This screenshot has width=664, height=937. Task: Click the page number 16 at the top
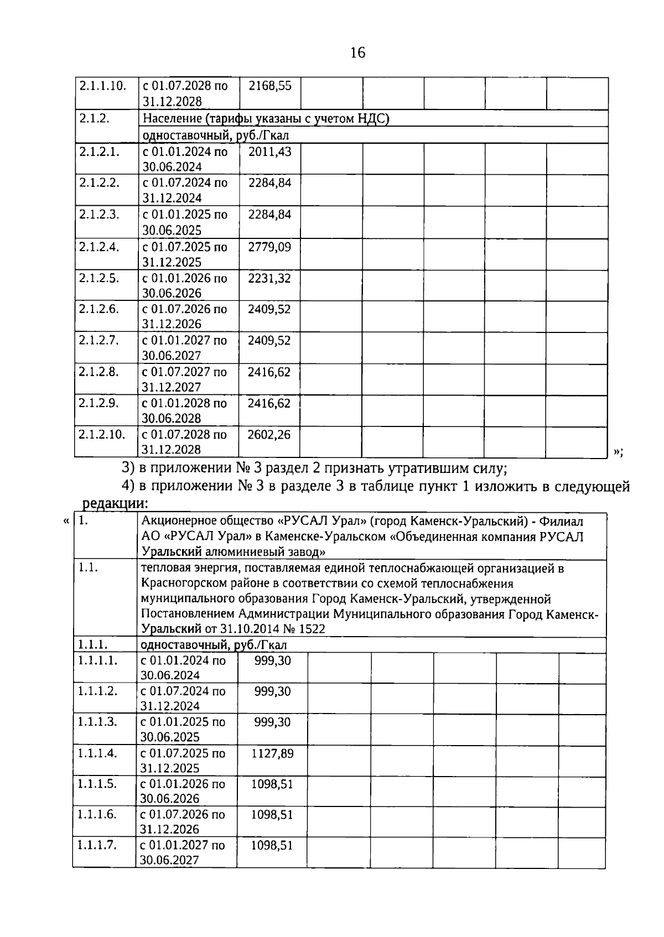(x=357, y=53)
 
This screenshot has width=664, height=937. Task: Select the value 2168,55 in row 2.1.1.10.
(x=270, y=86)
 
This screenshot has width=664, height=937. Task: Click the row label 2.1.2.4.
(x=99, y=247)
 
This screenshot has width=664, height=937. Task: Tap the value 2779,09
(x=269, y=247)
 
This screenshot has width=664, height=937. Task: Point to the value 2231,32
(x=269, y=278)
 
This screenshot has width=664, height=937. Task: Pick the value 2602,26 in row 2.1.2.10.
(x=269, y=435)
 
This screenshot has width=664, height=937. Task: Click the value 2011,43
(x=269, y=152)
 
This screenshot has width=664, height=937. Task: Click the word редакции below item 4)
(x=115, y=504)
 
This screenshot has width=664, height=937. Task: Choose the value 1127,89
(x=272, y=753)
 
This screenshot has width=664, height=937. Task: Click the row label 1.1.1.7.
(x=97, y=845)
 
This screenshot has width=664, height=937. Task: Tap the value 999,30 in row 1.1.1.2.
(x=272, y=691)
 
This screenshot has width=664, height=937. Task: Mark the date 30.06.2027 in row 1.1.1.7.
(x=170, y=860)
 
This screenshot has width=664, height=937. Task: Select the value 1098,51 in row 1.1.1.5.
(x=272, y=784)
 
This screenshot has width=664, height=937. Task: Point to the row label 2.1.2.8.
(x=99, y=372)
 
